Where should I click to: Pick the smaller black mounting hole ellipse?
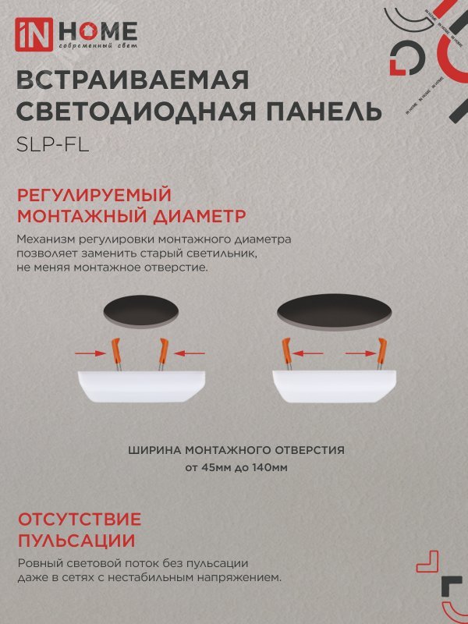[143, 310]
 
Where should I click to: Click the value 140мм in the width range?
[276, 468]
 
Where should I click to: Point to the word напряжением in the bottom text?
[243, 578]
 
